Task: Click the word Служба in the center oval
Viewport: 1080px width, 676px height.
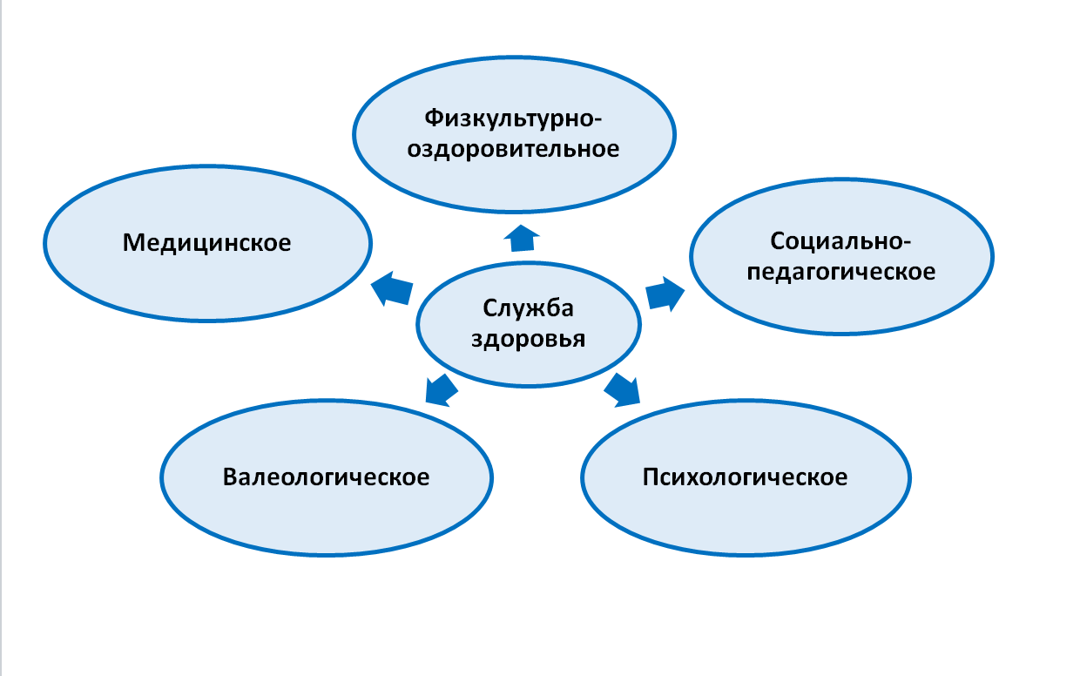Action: (x=528, y=308)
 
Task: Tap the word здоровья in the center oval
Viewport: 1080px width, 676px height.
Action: (x=528, y=339)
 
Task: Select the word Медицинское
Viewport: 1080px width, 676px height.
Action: (x=206, y=242)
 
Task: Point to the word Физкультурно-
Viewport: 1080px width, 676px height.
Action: (x=513, y=118)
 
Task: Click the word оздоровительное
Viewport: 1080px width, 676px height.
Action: (x=513, y=148)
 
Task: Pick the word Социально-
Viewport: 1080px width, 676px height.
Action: (x=840, y=241)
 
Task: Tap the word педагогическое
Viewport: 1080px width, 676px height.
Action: (x=840, y=272)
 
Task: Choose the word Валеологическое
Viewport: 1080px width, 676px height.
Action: (x=326, y=477)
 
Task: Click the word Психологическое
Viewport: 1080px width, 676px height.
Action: (x=745, y=477)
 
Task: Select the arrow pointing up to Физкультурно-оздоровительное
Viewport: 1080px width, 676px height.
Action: (x=522, y=238)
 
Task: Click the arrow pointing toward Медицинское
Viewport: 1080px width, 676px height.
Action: (x=392, y=288)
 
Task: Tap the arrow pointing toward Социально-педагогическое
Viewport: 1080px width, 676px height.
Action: (x=665, y=294)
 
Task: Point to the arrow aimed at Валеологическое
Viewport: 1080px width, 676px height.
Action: (x=441, y=390)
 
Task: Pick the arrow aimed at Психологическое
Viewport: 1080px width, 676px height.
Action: (x=623, y=390)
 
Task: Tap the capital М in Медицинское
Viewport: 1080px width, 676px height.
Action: (x=133, y=242)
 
